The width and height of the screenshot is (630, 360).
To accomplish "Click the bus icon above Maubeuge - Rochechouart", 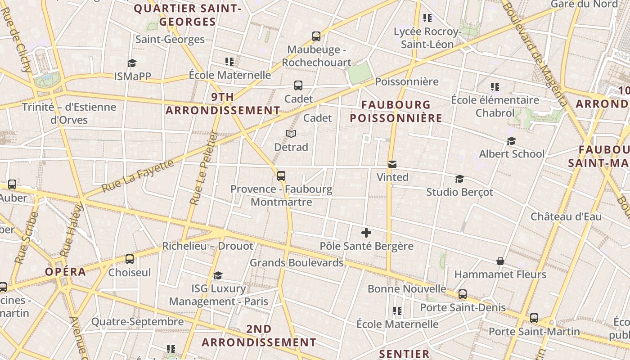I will [316, 36].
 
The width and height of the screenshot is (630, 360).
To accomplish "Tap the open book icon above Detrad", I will [291, 134].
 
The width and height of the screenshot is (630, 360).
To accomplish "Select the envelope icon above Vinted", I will [392, 164].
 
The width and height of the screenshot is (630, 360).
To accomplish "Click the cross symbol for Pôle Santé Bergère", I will [366, 233].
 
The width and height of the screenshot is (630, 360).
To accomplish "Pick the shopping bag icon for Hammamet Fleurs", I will [500, 261].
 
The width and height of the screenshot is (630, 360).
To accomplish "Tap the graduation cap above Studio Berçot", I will [459, 179].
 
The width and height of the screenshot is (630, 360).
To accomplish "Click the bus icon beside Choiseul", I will [130, 259].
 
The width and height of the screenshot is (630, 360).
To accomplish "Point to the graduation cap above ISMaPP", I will [132, 63].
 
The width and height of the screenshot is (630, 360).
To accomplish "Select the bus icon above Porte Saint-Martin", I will [534, 318].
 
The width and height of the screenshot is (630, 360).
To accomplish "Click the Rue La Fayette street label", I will [138, 176].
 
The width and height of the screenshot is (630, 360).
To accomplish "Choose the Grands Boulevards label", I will [297, 262].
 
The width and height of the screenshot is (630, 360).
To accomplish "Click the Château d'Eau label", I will [566, 216].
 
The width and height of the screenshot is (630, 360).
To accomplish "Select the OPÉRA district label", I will [65, 271].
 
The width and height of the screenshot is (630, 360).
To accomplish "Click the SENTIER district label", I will [404, 354].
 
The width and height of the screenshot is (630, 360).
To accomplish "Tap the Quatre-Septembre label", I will [137, 322].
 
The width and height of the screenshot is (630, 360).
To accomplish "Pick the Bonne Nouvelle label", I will [407, 288].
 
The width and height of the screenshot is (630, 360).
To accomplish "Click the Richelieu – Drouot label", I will [207, 246].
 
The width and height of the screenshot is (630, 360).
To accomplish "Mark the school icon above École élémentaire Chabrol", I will [495, 86].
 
